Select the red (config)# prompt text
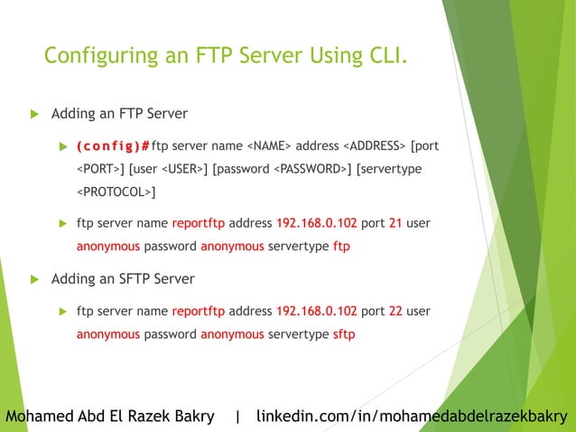(x=113, y=146)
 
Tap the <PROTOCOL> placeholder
(x=115, y=193)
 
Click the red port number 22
(x=395, y=312)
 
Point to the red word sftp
(x=344, y=334)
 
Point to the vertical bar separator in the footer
(x=237, y=417)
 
